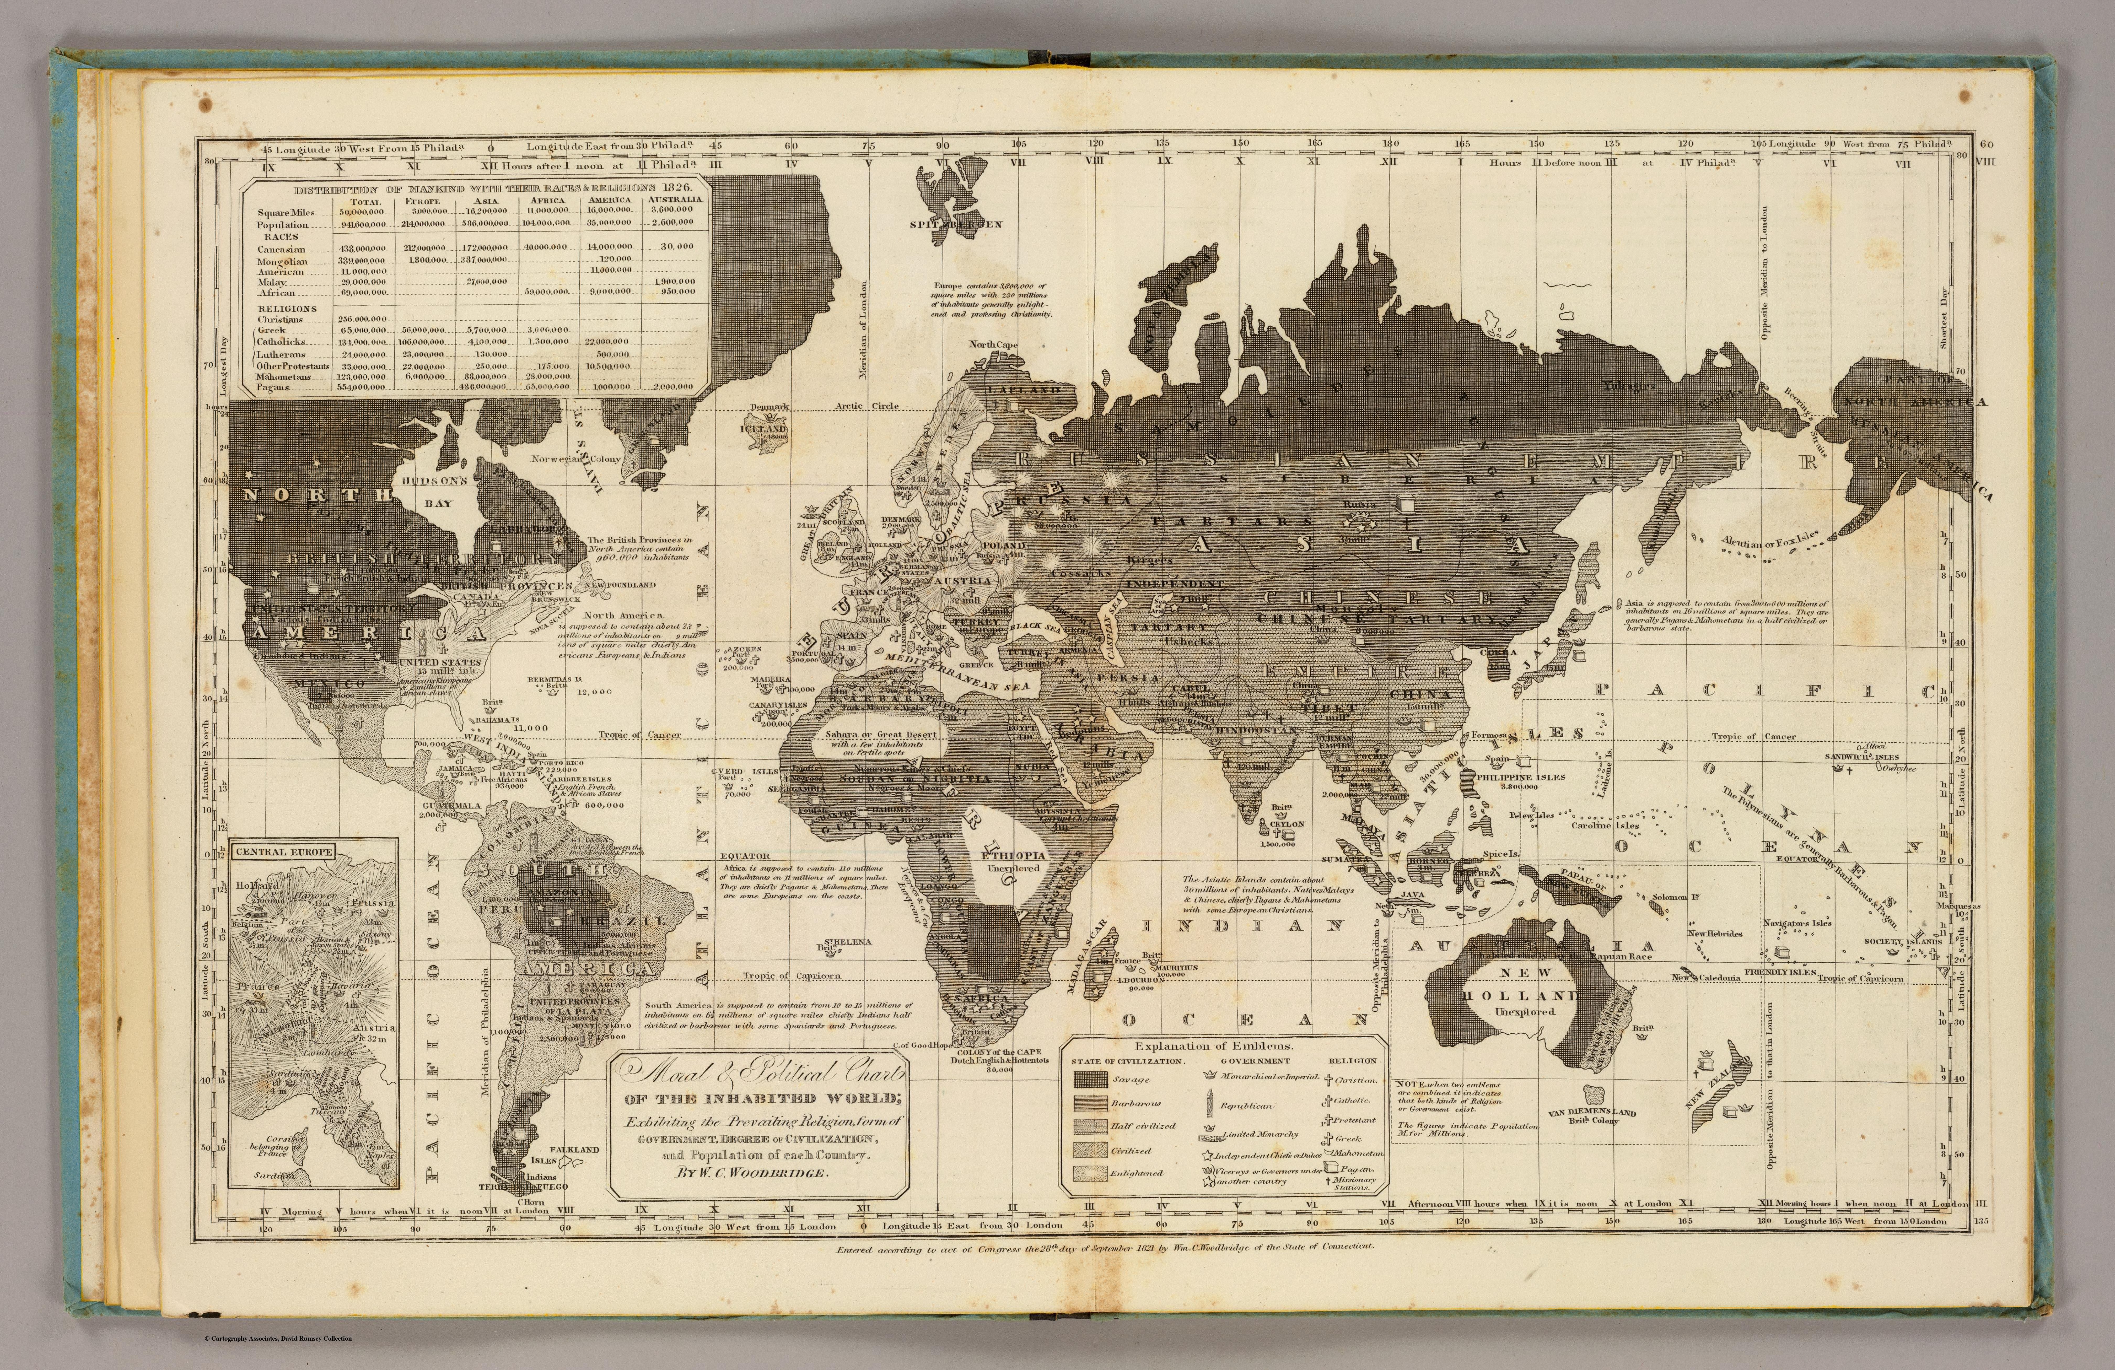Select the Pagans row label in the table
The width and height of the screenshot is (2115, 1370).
pos(275,387)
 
